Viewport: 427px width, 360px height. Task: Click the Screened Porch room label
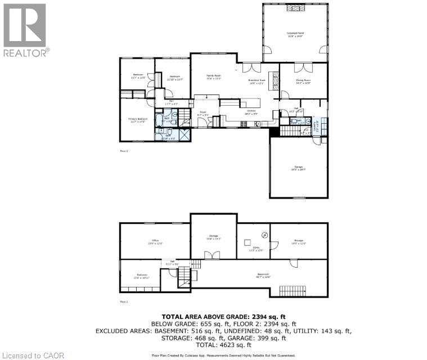tap(295, 34)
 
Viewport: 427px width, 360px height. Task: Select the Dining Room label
tap(303, 80)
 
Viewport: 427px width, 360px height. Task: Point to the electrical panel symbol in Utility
tap(264, 234)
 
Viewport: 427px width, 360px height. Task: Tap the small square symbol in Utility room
tap(247, 242)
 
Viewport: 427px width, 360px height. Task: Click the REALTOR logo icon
tap(25, 25)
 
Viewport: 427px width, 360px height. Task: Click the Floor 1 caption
tap(124, 302)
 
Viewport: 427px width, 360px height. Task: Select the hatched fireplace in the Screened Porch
tap(294, 8)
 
